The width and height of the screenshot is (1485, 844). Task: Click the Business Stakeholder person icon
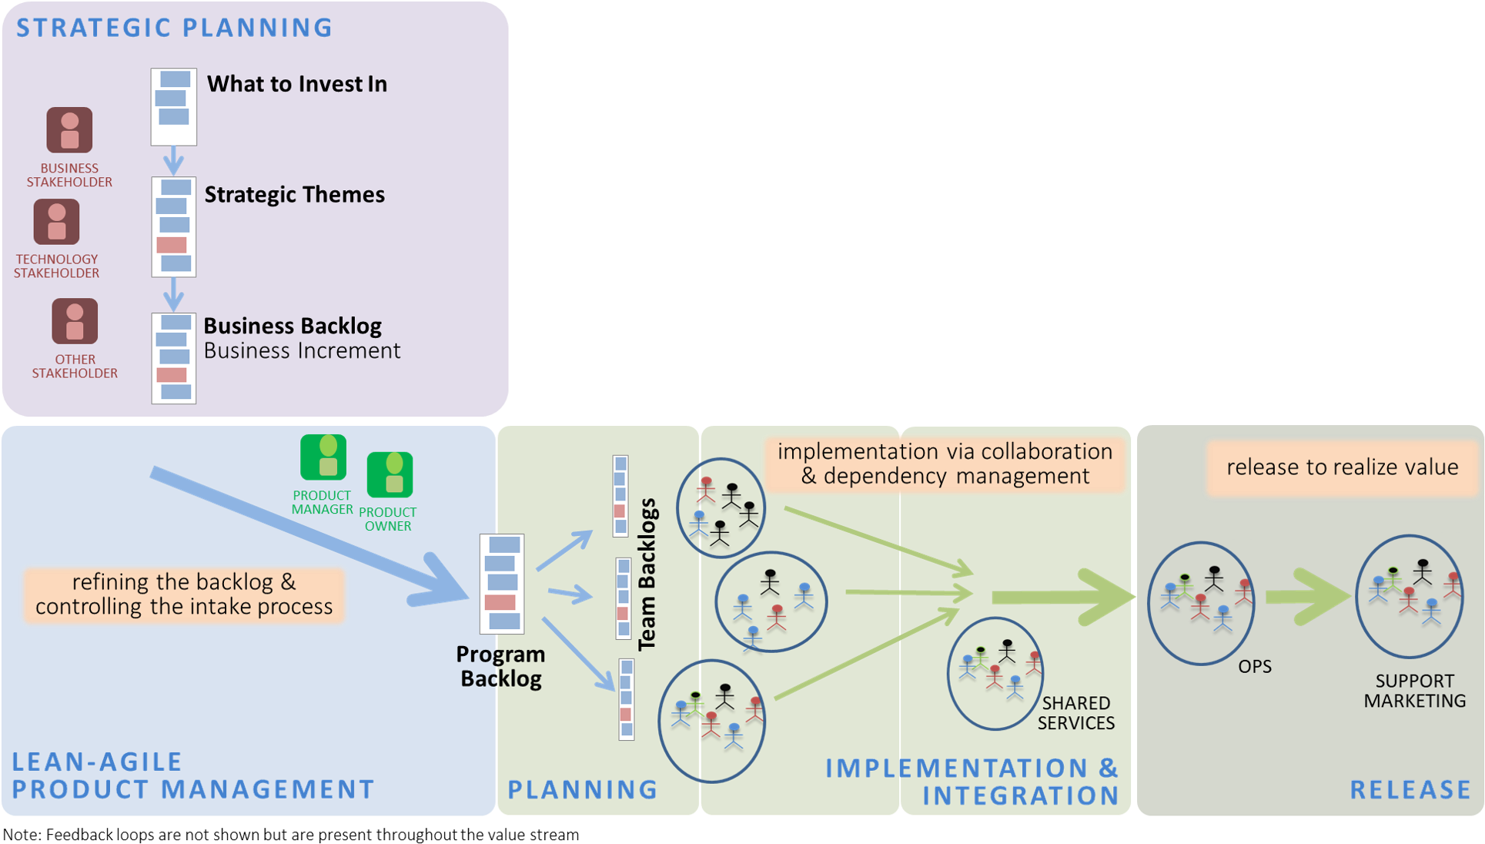(x=69, y=130)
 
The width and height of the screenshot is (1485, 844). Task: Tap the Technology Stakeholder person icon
(x=56, y=222)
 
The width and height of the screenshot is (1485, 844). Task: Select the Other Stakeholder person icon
(x=75, y=321)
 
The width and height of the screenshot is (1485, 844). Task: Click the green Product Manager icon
(x=323, y=457)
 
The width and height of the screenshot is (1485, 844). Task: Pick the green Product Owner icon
(x=390, y=474)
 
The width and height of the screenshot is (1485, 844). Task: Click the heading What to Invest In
(x=297, y=84)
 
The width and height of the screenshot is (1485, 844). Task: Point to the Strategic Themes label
(x=294, y=195)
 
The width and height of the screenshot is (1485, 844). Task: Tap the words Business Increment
(x=302, y=351)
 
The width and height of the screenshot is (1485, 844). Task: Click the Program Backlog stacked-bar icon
(x=502, y=584)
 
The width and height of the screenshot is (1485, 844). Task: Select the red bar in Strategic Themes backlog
(x=172, y=245)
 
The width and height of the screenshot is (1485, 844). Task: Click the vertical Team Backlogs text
(x=647, y=574)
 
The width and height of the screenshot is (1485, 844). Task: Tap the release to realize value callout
(x=1342, y=467)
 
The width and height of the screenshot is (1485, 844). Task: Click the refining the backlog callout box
(x=184, y=594)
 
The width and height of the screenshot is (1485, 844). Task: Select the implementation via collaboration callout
(x=945, y=464)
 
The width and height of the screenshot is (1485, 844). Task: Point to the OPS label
(x=1254, y=667)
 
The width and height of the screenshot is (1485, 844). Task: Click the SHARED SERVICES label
(x=1075, y=713)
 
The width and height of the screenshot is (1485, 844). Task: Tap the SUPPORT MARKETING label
(x=1414, y=691)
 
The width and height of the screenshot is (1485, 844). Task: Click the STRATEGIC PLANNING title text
(x=174, y=28)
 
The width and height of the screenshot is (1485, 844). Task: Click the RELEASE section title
(x=1410, y=789)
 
